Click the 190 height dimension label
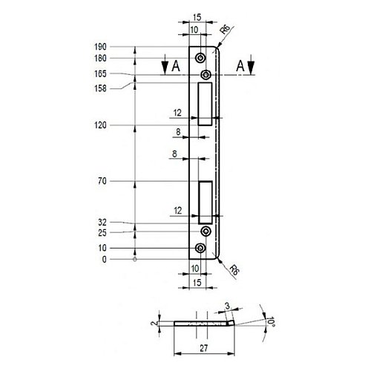tap(100, 47)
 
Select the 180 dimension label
tap(100, 59)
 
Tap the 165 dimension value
tap(100, 73)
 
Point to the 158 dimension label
tap(100, 88)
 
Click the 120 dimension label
tap(100, 125)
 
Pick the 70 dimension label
tap(102, 181)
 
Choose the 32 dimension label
tap(102, 223)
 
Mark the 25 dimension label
tap(102, 233)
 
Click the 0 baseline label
tap(104, 260)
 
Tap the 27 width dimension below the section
tap(204, 348)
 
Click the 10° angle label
tap(271, 322)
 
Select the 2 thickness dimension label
tap(154, 323)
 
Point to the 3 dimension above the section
tap(228, 306)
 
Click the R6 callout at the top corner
tap(225, 30)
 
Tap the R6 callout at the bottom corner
tap(234, 270)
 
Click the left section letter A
tap(176, 66)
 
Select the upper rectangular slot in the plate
tap(205, 104)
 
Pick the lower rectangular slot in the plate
tap(206, 203)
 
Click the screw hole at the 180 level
tap(200, 58)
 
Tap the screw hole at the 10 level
tap(200, 248)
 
